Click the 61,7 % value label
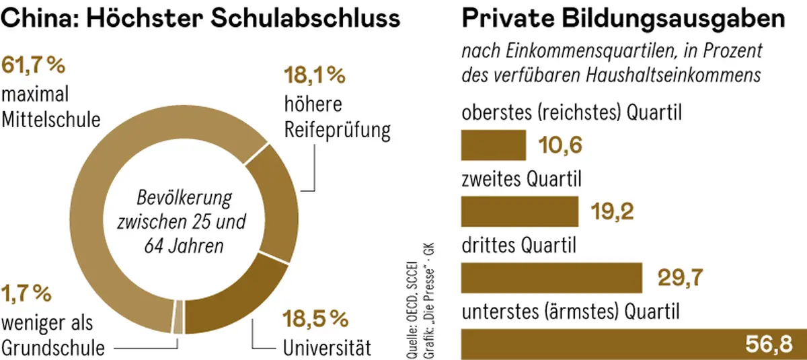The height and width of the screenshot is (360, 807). pyautogui.click(x=34, y=66)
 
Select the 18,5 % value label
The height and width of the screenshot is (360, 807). pyautogui.click(x=315, y=318)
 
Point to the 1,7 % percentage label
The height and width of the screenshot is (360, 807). pyautogui.click(x=27, y=293)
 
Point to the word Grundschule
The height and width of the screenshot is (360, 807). pyautogui.click(x=54, y=348)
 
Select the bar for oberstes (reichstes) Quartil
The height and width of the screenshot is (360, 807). pyautogui.click(x=493, y=145)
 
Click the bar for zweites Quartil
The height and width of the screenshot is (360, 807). pyautogui.click(x=519, y=211)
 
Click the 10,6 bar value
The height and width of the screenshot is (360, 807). pyautogui.click(x=560, y=145)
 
